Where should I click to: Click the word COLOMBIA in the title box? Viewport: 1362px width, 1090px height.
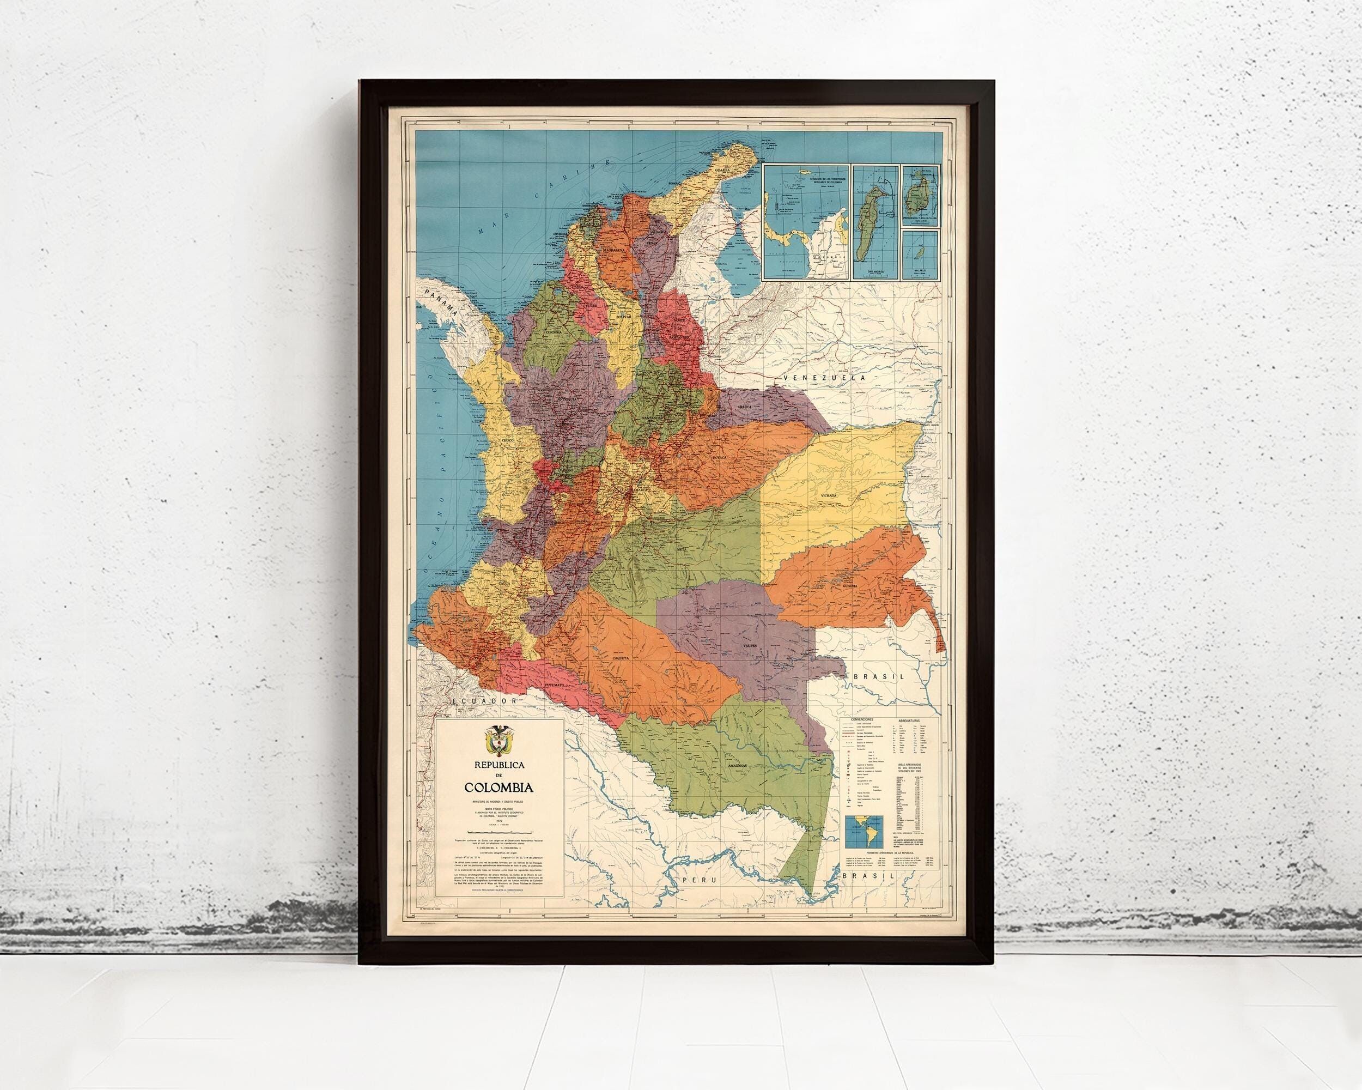point(499,788)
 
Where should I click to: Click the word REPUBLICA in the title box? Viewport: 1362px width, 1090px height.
point(499,765)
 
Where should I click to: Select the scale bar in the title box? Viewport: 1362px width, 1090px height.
point(498,833)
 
